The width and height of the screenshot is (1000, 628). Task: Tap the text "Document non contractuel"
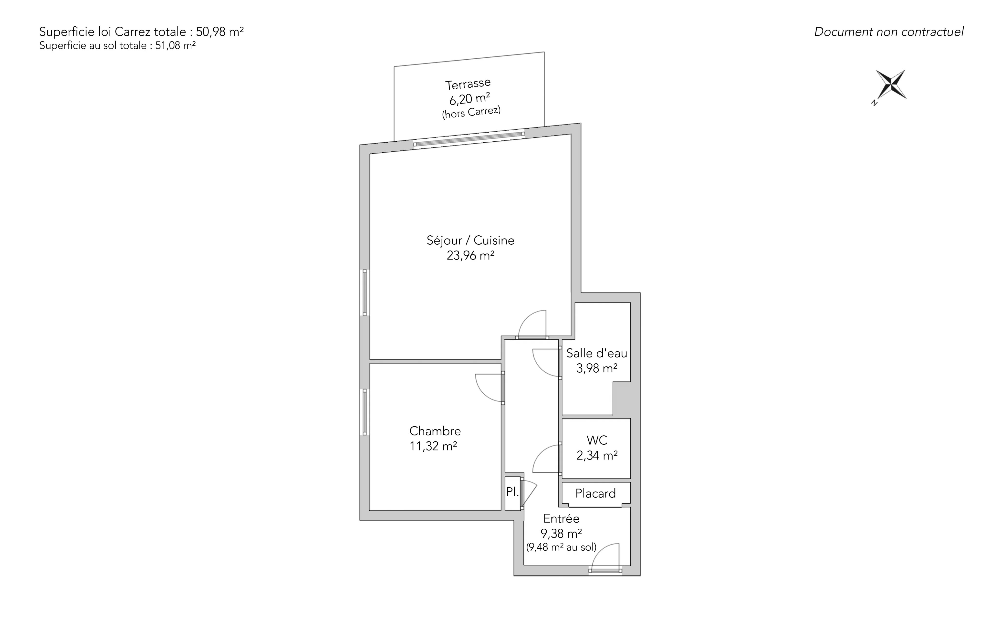[889, 32]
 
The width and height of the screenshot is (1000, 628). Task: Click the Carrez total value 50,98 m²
[220, 32]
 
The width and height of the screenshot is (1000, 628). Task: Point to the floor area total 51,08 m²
[175, 46]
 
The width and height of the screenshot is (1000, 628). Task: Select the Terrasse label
[468, 84]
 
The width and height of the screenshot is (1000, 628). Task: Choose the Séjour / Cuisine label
[470, 241]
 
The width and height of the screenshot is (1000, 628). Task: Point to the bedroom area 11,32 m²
[434, 446]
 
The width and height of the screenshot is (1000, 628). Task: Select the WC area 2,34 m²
[597, 456]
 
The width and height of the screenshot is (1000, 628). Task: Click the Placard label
[595, 493]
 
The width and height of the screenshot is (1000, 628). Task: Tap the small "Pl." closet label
[512, 492]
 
